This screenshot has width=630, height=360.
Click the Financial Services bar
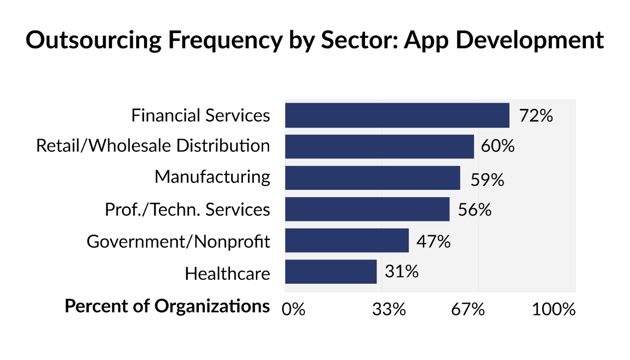[397, 115]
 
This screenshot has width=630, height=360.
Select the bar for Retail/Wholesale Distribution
[379, 146]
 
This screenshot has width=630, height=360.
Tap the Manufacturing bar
[372, 178]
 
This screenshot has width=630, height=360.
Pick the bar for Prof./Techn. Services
[367, 209]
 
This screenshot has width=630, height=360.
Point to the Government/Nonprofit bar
[346, 240]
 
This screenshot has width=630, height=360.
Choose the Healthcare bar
[331, 271]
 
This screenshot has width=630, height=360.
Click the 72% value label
[535, 116]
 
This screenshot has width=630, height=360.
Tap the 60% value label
[497, 146]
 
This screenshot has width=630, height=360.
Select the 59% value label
[487, 180]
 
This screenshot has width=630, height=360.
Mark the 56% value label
[474, 210]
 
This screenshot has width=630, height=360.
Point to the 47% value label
[433, 241]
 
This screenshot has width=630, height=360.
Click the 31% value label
[401, 271]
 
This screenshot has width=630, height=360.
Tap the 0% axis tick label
[293, 309]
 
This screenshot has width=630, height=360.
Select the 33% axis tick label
[389, 309]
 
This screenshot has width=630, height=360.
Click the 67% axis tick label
[467, 309]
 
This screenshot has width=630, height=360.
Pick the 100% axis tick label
[553, 309]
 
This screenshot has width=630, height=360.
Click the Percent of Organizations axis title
[167, 306]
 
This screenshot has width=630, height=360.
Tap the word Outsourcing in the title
[94, 40]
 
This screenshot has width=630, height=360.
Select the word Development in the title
[530, 40]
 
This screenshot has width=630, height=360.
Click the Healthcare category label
[227, 273]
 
